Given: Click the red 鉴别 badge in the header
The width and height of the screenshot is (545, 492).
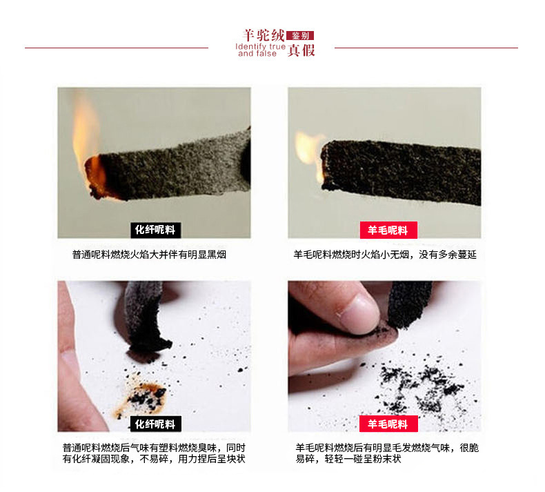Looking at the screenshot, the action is tap(300, 35).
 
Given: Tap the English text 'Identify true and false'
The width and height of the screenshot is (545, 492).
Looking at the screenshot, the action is tap(260, 50).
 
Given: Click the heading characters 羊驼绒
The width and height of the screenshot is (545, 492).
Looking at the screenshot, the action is tap(264, 35).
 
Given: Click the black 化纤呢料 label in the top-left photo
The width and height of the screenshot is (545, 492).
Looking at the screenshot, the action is tap(155, 230).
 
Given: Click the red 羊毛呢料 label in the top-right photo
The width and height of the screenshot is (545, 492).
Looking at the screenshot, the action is tap(388, 230).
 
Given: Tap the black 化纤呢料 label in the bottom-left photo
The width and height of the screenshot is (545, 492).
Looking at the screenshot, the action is tap(155, 424).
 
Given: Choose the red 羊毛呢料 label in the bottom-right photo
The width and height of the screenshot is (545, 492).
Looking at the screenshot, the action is tap(388, 424).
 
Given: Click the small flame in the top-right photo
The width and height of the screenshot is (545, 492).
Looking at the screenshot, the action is tap(309, 153).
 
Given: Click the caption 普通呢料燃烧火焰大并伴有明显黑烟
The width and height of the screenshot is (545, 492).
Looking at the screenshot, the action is tap(149, 255).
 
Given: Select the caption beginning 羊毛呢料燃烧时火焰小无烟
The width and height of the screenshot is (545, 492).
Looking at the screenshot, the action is tap(385, 255).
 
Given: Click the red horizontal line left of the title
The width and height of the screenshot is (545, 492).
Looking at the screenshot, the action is tap(117, 48).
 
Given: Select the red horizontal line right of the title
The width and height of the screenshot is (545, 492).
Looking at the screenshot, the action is tap(426, 48).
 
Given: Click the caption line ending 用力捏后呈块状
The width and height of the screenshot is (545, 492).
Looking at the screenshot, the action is tap(154, 459).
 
